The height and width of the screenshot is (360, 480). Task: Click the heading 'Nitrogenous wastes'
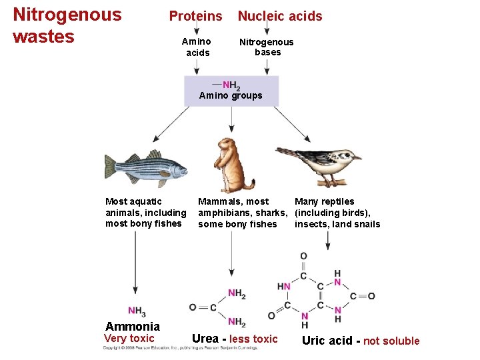(x=67, y=25)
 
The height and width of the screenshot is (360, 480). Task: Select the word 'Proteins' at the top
(x=195, y=16)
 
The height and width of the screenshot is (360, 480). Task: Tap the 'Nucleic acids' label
(x=280, y=16)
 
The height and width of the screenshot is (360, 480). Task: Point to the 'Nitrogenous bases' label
(x=267, y=47)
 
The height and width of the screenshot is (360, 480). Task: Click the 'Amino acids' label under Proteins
(x=197, y=47)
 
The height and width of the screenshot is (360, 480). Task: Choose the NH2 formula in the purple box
(x=231, y=85)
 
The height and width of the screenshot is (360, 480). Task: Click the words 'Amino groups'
(x=231, y=96)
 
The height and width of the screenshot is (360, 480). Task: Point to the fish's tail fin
(x=110, y=167)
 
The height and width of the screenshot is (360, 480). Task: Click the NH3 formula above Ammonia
(x=137, y=311)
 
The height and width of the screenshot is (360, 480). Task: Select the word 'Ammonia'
(x=133, y=326)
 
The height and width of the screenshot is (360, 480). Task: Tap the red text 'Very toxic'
(x=129, y=339)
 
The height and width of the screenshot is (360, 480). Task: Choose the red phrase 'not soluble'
(x=391, y=341)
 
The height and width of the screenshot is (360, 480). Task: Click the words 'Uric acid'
(x=327, y=341)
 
